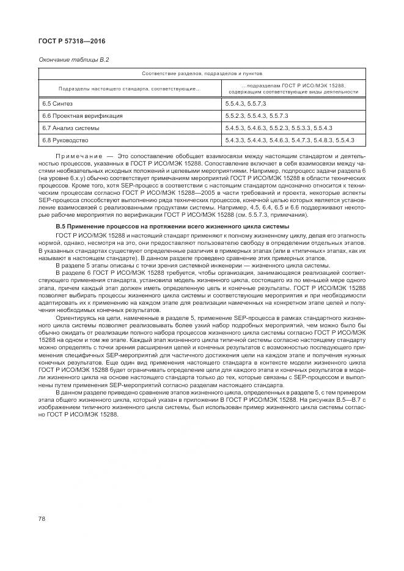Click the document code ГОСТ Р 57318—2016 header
click(x=71, y=42)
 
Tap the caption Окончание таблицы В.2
click(x=74, y=59)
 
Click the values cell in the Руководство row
click(x=290, y=141)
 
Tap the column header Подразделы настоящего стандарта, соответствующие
click(x=127, y=89)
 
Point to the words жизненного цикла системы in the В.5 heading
click(x=254, y=227)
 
